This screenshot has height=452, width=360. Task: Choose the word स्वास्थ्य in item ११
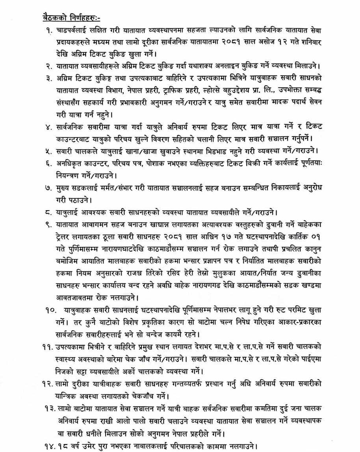point(67,359)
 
